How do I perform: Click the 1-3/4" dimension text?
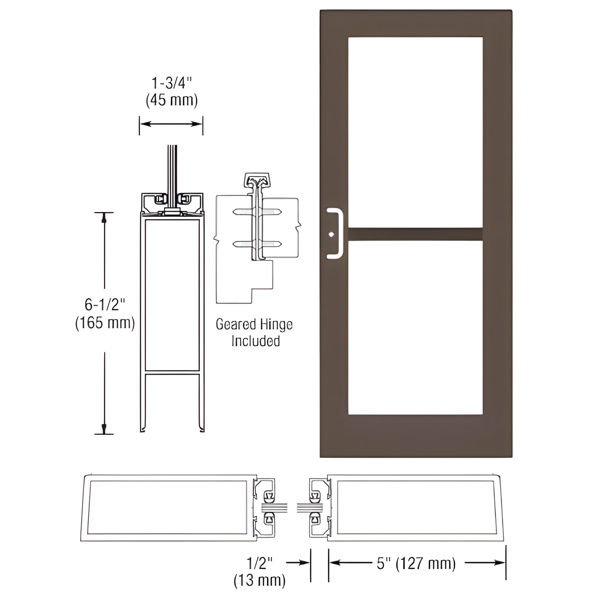pos(171,83)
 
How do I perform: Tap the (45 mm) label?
pos(171,100)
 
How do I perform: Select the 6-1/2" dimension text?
pos(104,305)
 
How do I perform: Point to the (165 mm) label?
pos(104,323)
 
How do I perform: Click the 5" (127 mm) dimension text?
pos(416,563)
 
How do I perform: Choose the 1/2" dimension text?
pos(259,563)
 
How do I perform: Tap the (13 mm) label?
pos(259,580)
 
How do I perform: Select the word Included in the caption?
pos(255,341)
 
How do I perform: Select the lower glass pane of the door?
pos(415,327)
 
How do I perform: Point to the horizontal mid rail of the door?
pos(415,234)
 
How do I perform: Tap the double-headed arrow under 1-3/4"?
pos(171,124)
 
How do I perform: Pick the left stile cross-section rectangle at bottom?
pos(168,507)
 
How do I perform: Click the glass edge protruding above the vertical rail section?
pos(172,166)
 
